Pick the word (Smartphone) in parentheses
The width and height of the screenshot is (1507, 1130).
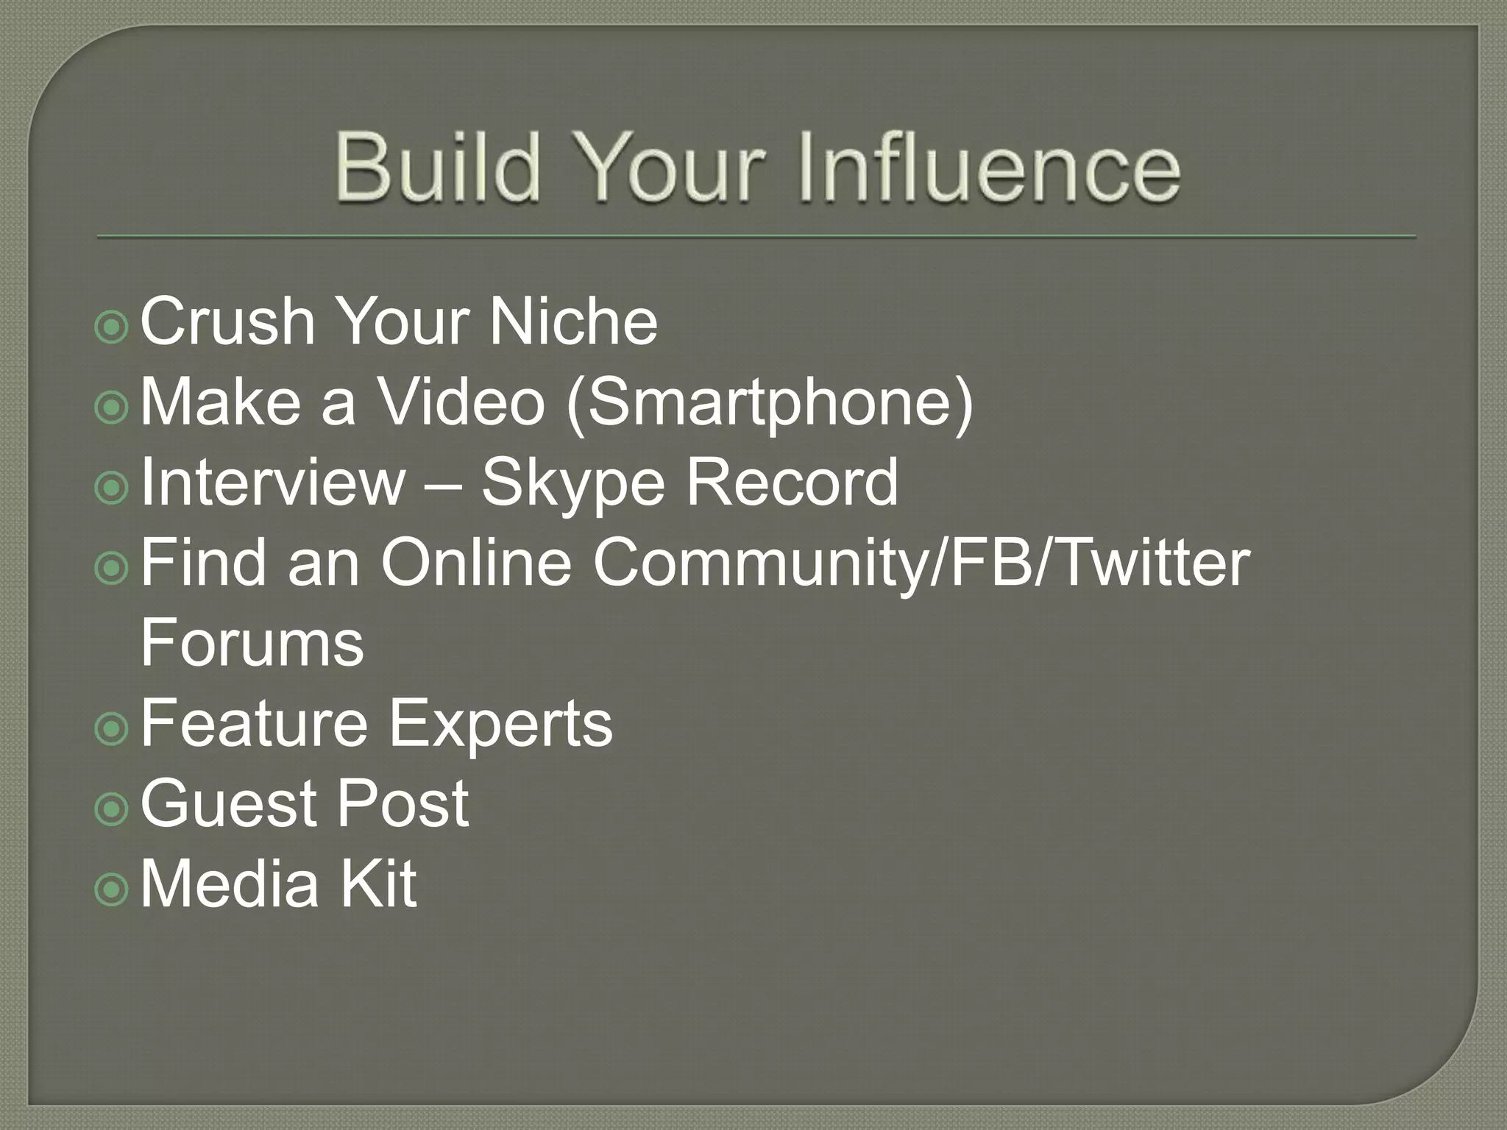point(770,404)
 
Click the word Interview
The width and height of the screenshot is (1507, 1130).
point(272,482)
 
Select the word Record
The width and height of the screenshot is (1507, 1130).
point(792,482)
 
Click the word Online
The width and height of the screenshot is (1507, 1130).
point(476,562)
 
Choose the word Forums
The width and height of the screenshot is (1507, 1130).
point(252,642)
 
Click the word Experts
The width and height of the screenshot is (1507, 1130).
point(500,725)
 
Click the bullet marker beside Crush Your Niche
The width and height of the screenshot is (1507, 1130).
point(112,328)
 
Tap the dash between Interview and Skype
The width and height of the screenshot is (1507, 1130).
point(442,486)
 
